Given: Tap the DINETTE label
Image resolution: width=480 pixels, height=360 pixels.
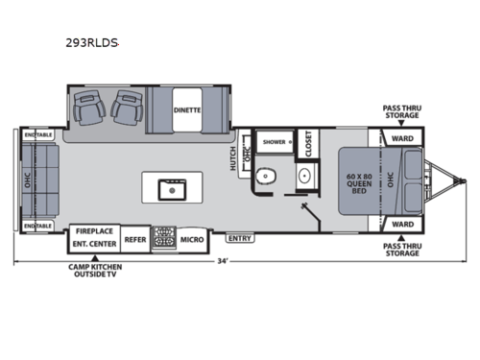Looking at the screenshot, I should tap(187, 109).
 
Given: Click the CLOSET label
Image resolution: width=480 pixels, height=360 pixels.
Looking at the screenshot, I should tap(308, 144).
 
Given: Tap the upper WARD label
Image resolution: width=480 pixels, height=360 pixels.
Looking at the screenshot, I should tap(402, 136).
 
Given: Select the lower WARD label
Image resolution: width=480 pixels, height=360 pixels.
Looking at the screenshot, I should tap(402, 225).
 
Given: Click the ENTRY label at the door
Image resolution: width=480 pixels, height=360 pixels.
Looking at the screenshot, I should tap(240, 235).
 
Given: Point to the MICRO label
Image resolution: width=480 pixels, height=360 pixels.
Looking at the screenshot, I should tap(191, 238).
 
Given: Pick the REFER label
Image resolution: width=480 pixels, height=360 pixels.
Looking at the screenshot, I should tap(134, 238).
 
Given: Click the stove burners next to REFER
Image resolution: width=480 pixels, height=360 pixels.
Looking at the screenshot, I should tap(164, 238).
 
